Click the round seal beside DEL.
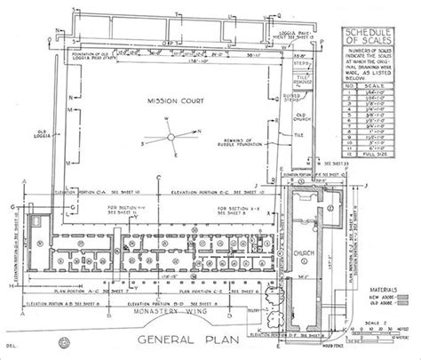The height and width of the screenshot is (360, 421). pyautogui.click(x=65, y=341)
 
